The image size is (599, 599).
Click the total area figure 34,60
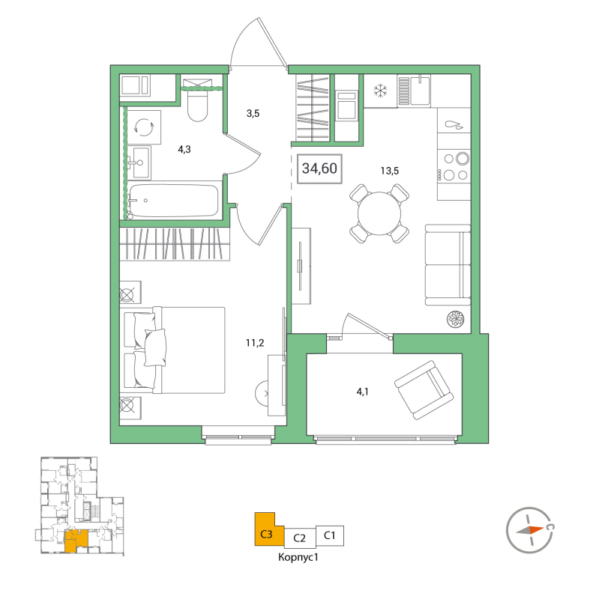(x=319, y=168)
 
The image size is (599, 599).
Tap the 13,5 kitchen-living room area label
(x=389, y=170)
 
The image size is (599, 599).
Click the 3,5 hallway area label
(x=253, y=114)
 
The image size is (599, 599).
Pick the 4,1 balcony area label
(x=363, y=391)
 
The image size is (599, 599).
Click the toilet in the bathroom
(x=199, y=105)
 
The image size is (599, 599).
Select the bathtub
(x=173, y=201)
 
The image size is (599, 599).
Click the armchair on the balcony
(x=424, y=391)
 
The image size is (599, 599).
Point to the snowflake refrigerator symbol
(x=381, y=92)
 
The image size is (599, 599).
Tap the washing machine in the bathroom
(x=143, y=126)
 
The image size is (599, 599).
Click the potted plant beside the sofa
(x=456, y=318)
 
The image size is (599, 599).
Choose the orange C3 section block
(x=267, y=531)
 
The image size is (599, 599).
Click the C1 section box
(x=329, y=535)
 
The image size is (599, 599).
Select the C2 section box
(x=299, y=537)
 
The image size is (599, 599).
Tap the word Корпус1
(x=299, y=558)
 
